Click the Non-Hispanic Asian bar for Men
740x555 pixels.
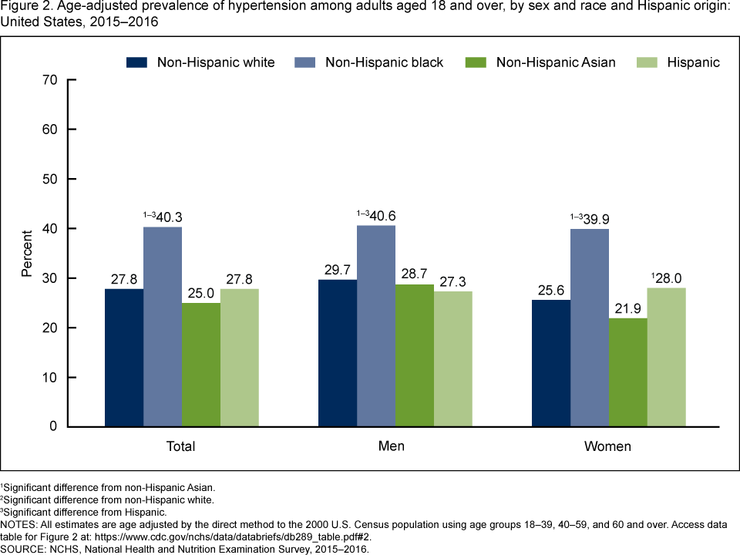415,355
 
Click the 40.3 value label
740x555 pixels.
166,217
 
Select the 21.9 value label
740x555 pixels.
628,308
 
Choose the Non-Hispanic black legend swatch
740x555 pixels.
305,62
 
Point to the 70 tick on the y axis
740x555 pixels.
49,79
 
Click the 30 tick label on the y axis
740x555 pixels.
49,278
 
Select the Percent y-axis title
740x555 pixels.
27,254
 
